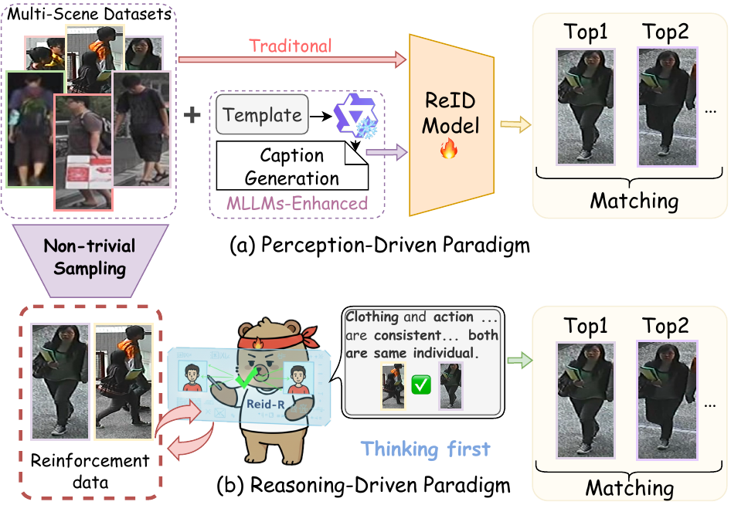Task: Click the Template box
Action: tap(262, 114)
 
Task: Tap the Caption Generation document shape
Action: tap(292, 166)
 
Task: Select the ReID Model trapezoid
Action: tap(451, 125)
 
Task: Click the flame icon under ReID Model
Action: tap(449, 148)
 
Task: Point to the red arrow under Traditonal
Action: tap(293, 59)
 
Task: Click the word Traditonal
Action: tap(291, 46)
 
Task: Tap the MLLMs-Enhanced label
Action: tap(297, 204)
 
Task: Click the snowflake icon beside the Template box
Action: tap(366, 127)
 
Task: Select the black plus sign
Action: tap(192, 115)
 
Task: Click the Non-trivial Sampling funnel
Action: tap(90, 260)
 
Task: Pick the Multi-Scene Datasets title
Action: tap(90, 13)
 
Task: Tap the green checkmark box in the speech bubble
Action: tap(421, 385)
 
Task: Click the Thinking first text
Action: tap(426, 449)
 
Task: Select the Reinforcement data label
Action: tap(90, 471)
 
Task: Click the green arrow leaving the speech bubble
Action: tap(520, 360)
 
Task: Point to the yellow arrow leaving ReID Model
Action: tap(515, 124)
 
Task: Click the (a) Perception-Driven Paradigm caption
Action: tap(380, 245)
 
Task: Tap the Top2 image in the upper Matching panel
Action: tap(667, 107)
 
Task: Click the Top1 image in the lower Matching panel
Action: tap(586, 401)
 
